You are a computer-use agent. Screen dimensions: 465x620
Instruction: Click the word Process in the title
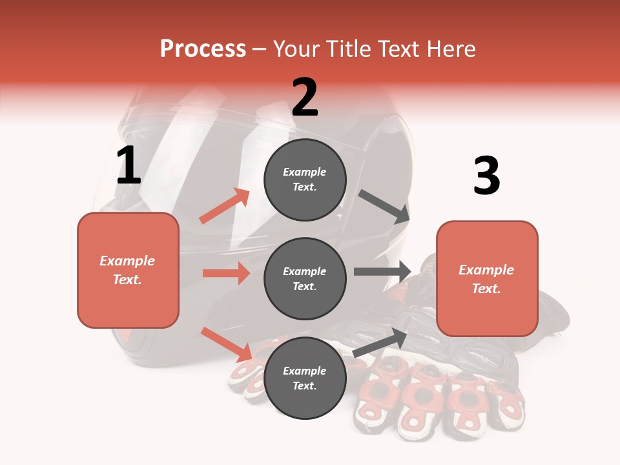(x=203, y=49)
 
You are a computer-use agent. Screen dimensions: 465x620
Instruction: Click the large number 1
(x=129, y=166)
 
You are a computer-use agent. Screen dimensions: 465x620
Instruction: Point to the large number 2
(x=305, y=98)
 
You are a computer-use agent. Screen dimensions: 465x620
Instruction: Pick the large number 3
(x=487, y=176)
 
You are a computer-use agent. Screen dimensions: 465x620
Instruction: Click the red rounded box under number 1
(x=128, y=270)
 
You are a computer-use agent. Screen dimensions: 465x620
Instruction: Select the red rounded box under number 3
(x=487, y=279)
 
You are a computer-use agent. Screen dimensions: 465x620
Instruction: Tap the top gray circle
(x=305, y=180)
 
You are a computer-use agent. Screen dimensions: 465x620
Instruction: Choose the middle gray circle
(x=305, y=278)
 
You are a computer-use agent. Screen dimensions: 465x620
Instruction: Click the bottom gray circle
(x=305, y=378)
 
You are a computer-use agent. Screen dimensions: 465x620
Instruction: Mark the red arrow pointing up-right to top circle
(x=225, y=205)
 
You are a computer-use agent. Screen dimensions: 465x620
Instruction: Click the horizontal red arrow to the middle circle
(x=226, y=273)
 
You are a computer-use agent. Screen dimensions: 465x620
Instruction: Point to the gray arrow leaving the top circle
(x=384, y=207)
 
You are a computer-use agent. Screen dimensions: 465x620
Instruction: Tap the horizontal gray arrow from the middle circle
(x=382, y=272)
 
